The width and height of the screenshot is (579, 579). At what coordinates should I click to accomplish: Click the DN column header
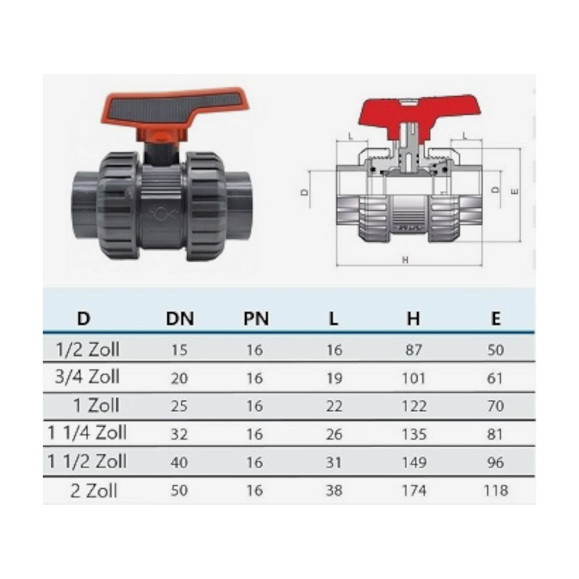180,318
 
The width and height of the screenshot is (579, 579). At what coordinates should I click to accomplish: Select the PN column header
256,318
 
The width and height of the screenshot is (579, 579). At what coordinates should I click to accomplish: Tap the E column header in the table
496,318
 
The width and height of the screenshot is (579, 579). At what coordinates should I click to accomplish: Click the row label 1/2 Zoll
87,349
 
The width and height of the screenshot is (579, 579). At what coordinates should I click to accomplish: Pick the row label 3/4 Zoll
87,377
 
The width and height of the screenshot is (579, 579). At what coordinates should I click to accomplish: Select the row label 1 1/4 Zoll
87,433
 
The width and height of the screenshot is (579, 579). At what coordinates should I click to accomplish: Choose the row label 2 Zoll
94,491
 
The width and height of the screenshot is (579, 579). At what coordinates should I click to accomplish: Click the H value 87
413,350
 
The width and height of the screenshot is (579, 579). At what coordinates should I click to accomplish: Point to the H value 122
414,406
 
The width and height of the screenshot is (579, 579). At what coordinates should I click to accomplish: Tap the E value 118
496,490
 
